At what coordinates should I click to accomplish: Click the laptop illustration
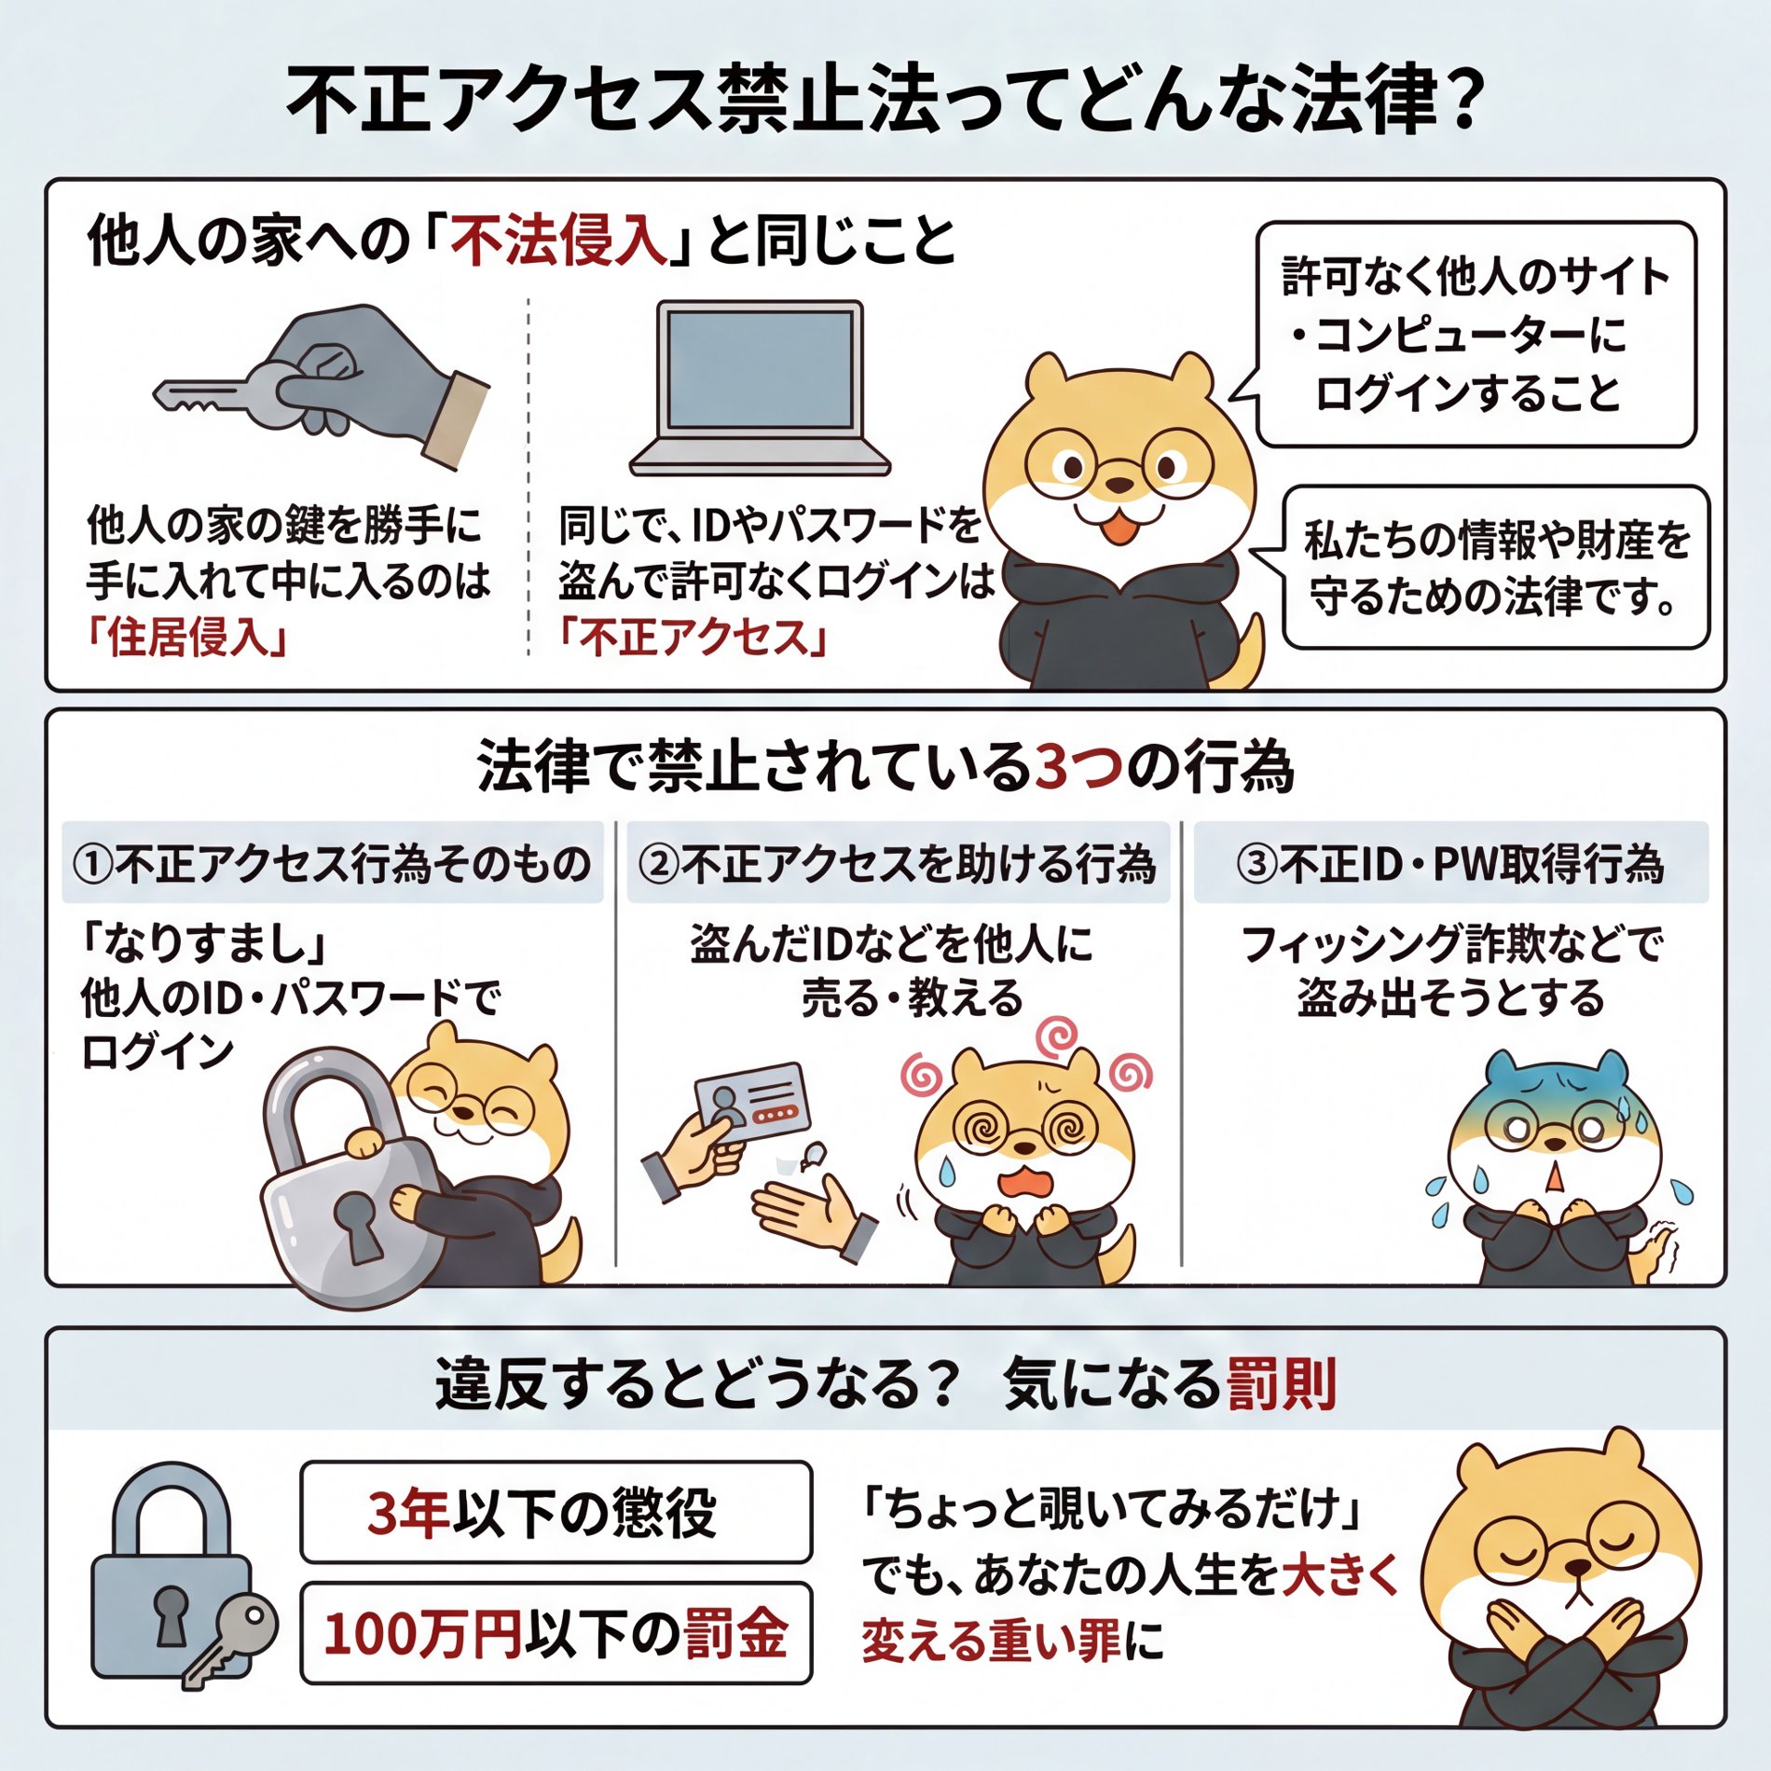point(760,387)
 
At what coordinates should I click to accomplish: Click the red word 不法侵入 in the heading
point(557,240)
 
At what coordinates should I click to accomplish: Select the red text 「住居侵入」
point(186,638)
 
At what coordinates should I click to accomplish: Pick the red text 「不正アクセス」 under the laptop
point(693,638)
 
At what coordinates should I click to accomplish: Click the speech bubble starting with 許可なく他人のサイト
point(1475,334)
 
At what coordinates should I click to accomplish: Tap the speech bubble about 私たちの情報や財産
point(1496,567)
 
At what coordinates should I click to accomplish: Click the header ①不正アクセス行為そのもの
point(333,863)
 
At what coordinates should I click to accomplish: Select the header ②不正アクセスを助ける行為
point(898,863)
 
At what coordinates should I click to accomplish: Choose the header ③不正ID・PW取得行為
point(1450,863)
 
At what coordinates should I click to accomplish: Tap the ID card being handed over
point(753,1105)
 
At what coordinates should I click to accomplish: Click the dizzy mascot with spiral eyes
point(1025,1156)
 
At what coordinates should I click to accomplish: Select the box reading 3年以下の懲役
point(556,1512)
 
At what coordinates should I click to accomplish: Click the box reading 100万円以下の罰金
point(556,1633)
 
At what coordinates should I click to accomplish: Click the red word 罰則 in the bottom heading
point(1281,1384)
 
